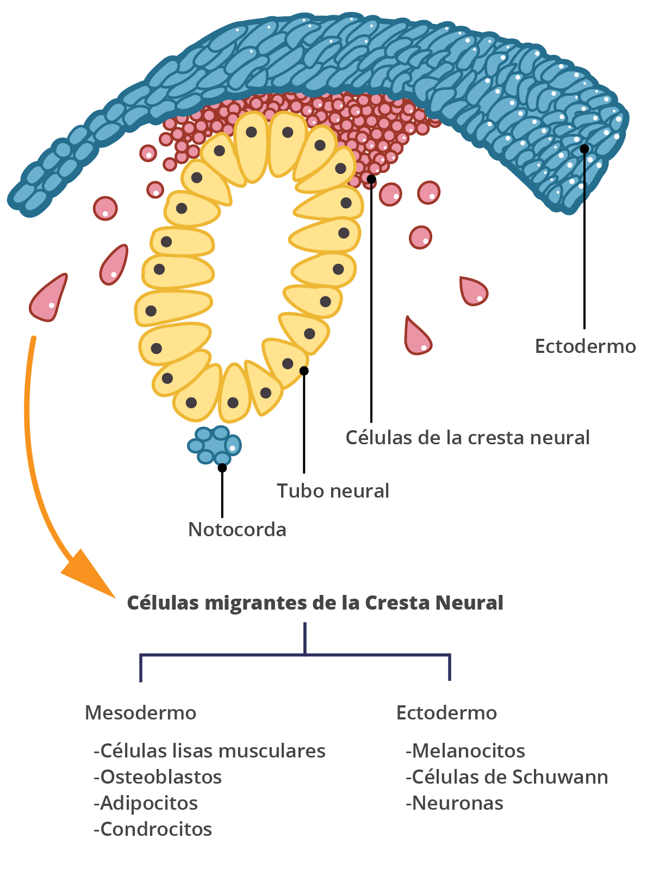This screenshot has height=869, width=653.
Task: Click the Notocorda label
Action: tap(237, 529)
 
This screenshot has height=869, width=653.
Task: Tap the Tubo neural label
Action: tap(333, 491)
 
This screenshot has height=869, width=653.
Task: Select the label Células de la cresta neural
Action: tap(468, 437)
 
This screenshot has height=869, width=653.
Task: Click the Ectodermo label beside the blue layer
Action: tap(585, 346)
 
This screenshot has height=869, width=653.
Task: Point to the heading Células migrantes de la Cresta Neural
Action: tap(315, 603)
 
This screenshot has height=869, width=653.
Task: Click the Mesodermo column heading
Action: tap(140, 712)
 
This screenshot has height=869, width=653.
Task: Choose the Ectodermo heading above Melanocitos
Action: tap(446, 712)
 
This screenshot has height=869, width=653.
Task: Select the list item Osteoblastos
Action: tap(158, 777)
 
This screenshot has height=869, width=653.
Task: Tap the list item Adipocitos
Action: tap(146, 803)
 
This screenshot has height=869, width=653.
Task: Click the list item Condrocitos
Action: tap(153, 829)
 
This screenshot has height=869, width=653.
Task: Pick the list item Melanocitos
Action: tap(465, 750)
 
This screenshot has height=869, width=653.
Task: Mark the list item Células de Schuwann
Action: tap(507, 777)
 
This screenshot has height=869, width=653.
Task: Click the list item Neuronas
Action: tap(455, 803)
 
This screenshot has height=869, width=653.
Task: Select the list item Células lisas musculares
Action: tap(209, 750)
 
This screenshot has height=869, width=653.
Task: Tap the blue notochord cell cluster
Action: tap(214, 445)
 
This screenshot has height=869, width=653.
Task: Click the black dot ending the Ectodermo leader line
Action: tap(584, 148)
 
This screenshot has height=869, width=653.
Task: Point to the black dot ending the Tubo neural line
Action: tap(304, 371)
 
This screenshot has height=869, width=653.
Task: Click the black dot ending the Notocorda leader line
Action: tap(222, 468)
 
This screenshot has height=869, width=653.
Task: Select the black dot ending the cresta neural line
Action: tap(371, 179)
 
